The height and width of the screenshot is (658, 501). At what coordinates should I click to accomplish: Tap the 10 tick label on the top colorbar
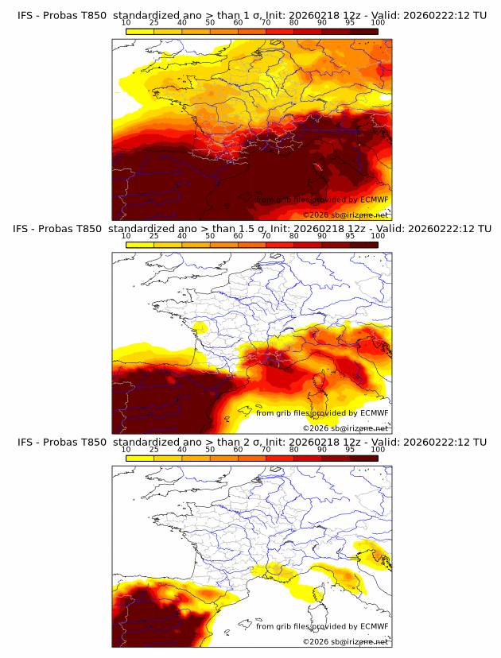tap(126, 23)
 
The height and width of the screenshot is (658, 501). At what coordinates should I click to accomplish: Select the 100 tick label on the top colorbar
tap(378, 23)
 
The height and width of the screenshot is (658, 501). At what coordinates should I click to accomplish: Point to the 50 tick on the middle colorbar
tap(210, 236)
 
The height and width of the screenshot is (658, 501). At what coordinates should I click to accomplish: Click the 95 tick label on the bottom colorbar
tap(350, 450)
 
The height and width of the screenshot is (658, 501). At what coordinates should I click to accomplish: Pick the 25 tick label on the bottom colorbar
tap(154, 450)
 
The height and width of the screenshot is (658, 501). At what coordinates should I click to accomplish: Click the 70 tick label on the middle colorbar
tap(266, 236)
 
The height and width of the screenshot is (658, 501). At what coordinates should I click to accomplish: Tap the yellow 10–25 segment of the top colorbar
tap(140, 31)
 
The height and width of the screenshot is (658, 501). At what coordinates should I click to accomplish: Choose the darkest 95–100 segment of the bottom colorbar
tap(363, 458)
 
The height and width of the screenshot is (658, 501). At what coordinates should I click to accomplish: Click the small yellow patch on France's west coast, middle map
tap(199, 327)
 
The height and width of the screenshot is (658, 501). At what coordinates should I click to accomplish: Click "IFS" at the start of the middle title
tap(25, 229)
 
